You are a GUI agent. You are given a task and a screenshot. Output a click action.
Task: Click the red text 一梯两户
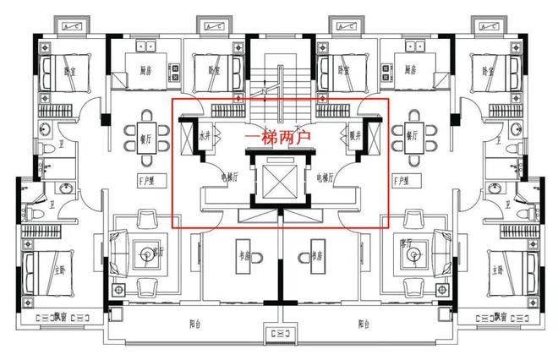[x=279, y=137]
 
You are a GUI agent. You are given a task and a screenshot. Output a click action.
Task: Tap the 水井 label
[x=205, y=135]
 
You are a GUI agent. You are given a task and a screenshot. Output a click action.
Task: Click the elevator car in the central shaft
[x=280, y=182]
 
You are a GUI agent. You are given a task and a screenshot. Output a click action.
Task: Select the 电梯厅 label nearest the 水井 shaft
[x=230, y=177]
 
